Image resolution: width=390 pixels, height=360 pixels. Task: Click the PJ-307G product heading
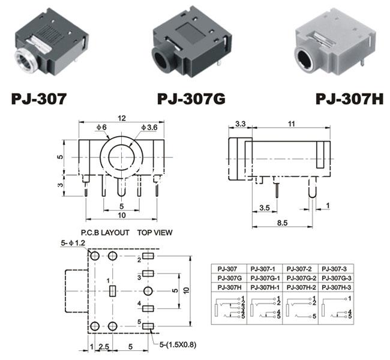(191, 99)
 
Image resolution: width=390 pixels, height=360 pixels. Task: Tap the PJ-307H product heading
(349, 99)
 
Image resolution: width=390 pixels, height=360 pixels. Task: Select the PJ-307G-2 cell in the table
(301, 278)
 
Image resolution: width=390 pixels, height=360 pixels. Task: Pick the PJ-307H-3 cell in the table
(336, 287)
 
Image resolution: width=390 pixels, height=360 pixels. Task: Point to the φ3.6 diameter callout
(149, 128)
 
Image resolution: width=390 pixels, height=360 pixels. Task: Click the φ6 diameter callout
(102, 127)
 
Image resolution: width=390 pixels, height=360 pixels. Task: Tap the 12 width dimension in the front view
(122, 118)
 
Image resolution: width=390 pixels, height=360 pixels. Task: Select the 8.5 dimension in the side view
(283, 223)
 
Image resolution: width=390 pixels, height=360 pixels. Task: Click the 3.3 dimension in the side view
(240, 124)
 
